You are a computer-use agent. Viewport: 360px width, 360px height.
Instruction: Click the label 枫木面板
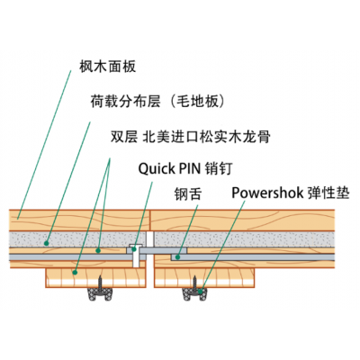click(108, 67)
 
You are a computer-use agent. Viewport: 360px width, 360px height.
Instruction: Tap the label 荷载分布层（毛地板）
click(157, 102)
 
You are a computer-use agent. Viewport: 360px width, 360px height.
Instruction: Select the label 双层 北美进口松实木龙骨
click(191, 137)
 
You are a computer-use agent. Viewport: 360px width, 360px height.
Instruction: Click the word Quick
click(157, 169)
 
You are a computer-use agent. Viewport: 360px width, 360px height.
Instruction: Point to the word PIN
click(190, 168)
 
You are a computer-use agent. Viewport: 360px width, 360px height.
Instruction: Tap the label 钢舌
click(188, 193)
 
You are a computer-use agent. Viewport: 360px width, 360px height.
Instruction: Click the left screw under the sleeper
click(100, 283)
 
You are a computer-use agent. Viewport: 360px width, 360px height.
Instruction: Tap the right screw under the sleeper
click(194, 283)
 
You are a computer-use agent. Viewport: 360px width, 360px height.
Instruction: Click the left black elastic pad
click(100, 294)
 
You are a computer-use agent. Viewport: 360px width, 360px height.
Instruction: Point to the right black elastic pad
click(195, 294)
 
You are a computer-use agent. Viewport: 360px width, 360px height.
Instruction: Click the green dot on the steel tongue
click(177, 257)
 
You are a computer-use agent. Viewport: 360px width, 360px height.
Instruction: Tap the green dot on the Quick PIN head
click(134, 248)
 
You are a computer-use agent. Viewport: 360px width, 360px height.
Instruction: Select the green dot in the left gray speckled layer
click(47, 243)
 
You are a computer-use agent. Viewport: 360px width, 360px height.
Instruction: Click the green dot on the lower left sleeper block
click(75, 273)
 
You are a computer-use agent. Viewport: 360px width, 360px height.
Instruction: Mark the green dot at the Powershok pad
click(200, 290)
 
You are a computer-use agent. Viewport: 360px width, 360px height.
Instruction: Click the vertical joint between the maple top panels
click(150, 220)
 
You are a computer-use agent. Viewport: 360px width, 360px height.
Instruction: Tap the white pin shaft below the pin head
click(136, 259)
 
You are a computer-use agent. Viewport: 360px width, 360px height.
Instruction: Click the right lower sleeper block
click(204, 278)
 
